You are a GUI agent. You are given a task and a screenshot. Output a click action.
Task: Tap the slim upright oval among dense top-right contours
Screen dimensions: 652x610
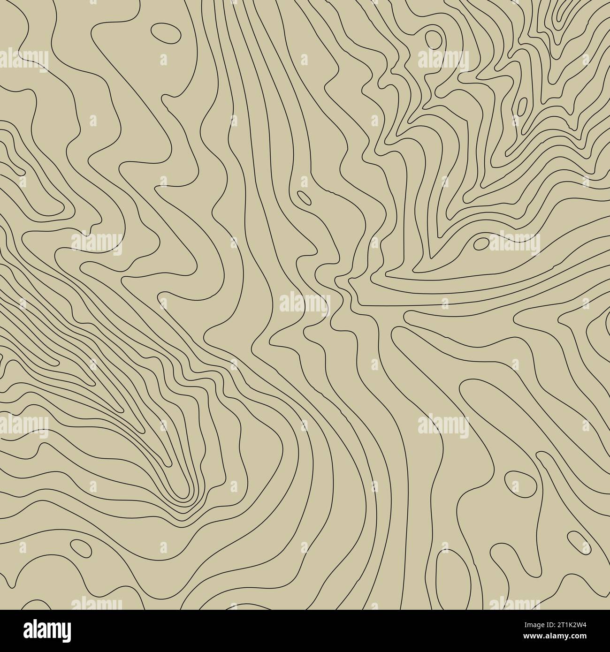(x=522, y=106)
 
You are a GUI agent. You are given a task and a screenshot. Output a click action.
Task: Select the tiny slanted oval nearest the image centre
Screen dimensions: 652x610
(x=304, y=197)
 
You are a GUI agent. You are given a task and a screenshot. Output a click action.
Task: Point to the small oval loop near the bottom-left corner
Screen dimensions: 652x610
(x=80, y=547)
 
